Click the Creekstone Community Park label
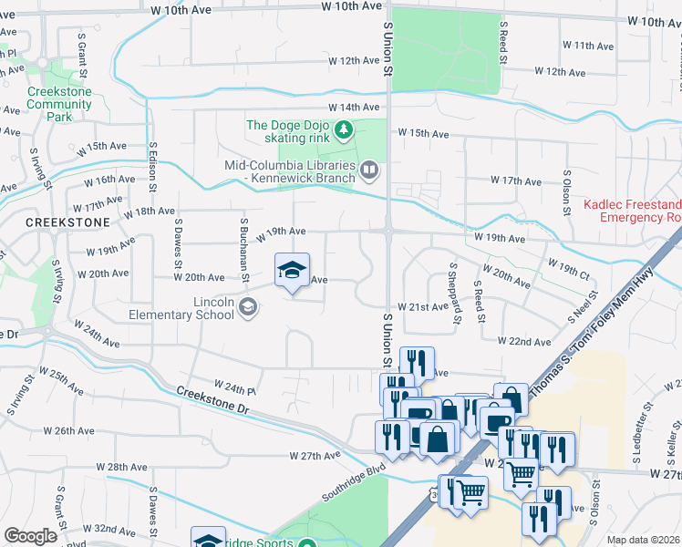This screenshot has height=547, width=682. [59, 104]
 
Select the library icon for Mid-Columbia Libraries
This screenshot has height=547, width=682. [368, 169]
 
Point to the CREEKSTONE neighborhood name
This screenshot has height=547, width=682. [67, 222]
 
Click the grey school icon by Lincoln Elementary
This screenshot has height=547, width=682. [248, 308]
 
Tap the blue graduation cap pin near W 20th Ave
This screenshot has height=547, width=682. [292, 271]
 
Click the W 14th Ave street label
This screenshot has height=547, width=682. [354, 108]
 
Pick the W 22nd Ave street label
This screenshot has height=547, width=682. [523, 341]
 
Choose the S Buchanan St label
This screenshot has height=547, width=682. [244, 249]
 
